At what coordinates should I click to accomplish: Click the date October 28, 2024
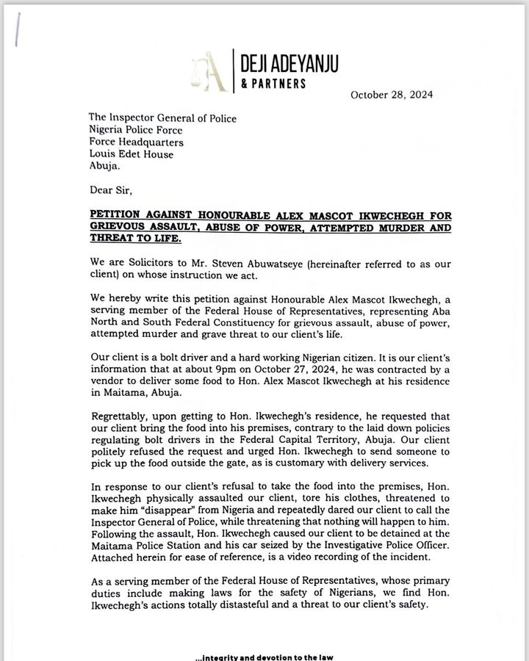click(x=391, y=95)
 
